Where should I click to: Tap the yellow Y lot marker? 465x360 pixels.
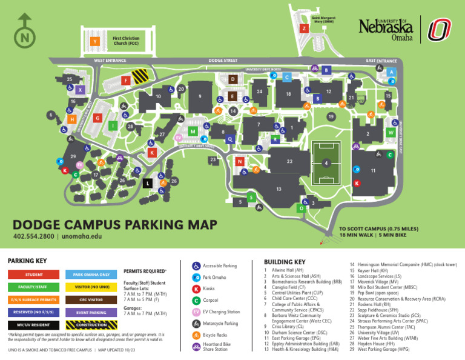(x=94, y=41)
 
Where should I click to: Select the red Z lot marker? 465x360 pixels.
(x=304, y=28)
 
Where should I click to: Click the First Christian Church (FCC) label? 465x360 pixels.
(x=126, y=41)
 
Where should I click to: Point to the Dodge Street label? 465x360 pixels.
(x=223, y=61)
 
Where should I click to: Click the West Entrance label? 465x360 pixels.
(x=110, y=61)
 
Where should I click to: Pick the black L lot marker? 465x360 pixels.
(x=148, y=183)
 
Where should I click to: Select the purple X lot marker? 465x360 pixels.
(x=80, y=90)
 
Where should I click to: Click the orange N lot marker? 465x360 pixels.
(x=240, y=162)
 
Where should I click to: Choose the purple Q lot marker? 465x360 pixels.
(x=229, y=139)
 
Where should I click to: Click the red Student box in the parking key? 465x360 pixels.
(x=34, y=275)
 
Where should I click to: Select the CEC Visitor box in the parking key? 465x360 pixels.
(x=91, y=300)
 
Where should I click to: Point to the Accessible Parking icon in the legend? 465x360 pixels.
(x=196, y=265)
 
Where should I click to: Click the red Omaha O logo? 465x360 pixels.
(x=438, y=30)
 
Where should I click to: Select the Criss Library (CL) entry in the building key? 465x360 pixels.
(x=282, y=327)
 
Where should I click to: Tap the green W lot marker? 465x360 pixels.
(x=391, y=132)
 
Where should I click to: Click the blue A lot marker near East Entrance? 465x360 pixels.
(x=392, y=72)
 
